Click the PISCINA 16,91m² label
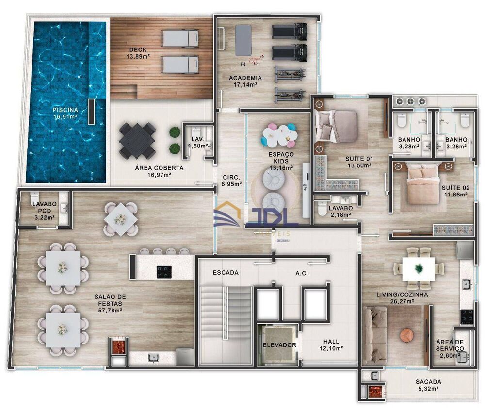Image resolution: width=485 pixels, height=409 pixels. click(65, 113)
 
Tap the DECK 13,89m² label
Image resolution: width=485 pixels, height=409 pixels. click(138, 53)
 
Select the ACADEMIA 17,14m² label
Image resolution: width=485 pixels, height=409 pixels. click(245, 81)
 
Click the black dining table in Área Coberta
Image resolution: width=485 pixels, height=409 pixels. click(137, 141)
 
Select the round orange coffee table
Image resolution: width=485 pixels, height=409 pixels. click(408, 335)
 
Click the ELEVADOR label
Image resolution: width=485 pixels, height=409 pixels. click(279, 345)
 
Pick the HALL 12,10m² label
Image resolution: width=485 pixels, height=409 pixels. click(331, 345)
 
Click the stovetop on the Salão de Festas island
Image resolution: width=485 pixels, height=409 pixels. click(164, 272)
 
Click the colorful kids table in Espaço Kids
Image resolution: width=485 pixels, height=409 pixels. click(278, 134)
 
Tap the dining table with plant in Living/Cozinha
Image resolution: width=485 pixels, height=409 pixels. click(418, 267)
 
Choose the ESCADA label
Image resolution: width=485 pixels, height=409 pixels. click(226, 273)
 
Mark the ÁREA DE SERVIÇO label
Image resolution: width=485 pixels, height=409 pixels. click(450, 345)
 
